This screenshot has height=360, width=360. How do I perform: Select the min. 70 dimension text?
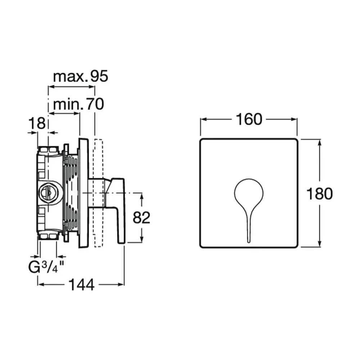coord(78,104)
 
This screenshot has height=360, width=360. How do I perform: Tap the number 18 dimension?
coord(37,123)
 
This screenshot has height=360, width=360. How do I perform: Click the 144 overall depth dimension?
coord(81,285)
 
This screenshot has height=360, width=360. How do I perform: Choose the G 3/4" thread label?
coord(46,267)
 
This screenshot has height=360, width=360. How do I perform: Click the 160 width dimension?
coord(249,119)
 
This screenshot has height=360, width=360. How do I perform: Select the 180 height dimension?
coord(319,193)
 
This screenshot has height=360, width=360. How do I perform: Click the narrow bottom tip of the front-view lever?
coord(249,241)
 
